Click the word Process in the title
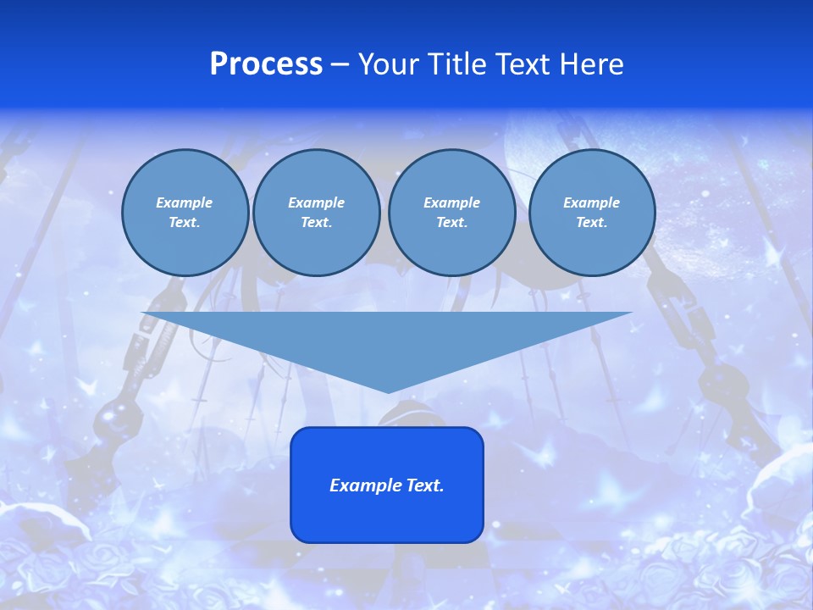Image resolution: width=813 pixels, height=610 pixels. (x=266, y=64)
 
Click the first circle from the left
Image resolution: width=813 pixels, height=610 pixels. (x=185, y=212)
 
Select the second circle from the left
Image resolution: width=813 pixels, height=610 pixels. (x=317, y=212)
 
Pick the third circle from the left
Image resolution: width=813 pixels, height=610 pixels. (x=451, y=212)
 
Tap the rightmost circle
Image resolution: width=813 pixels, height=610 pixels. (x=592, y=212)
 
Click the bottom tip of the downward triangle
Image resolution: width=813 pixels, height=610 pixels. (x=388, y=391)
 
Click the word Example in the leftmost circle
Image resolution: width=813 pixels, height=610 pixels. (x=185, y=202)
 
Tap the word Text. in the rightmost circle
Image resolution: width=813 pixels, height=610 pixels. (x=592, y=222)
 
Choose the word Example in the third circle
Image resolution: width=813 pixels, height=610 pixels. (x=451, y=202)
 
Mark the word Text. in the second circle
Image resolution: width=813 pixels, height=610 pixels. (x=317, y=222)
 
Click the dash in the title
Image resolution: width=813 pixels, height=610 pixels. (x=340, y=64)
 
